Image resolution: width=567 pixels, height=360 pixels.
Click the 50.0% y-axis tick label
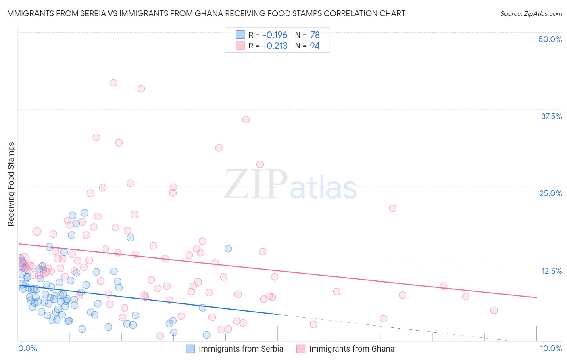click(x=550, y=40)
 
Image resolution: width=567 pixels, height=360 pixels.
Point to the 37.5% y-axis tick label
click(x=551, y=117)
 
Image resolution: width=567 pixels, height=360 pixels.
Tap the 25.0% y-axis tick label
click(x=550, y=194)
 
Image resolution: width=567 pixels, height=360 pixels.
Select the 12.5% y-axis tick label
click(x=551, y=271)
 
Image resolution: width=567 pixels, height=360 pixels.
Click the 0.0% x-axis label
click(x=27, y=348)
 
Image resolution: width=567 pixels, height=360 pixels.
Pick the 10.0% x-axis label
click(x=551, y=348)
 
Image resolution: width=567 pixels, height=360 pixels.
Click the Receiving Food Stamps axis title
click(x=11, y=184)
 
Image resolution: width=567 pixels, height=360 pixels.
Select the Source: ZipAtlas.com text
click(x=531, y=14)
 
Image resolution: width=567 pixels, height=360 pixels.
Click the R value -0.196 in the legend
click(x=275, y=35)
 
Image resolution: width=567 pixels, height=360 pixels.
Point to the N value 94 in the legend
click(x=315, y=46)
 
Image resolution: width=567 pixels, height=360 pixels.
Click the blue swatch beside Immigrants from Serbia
click(x=190, y=349)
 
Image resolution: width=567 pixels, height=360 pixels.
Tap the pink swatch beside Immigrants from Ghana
click(x=301, y=349)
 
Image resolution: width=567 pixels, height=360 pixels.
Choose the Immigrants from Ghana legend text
click(x=352, y=349)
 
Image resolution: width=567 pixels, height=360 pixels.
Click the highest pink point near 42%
click(x=113, y=83)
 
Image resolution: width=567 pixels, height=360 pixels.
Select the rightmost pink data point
click(x=494, y=310)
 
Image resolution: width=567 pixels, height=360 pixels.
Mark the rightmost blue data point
click(x=228, y=249)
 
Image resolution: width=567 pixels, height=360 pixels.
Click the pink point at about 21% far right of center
click(x=393, y=208)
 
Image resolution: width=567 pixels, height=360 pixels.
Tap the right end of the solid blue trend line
click(x=277, y=314)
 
